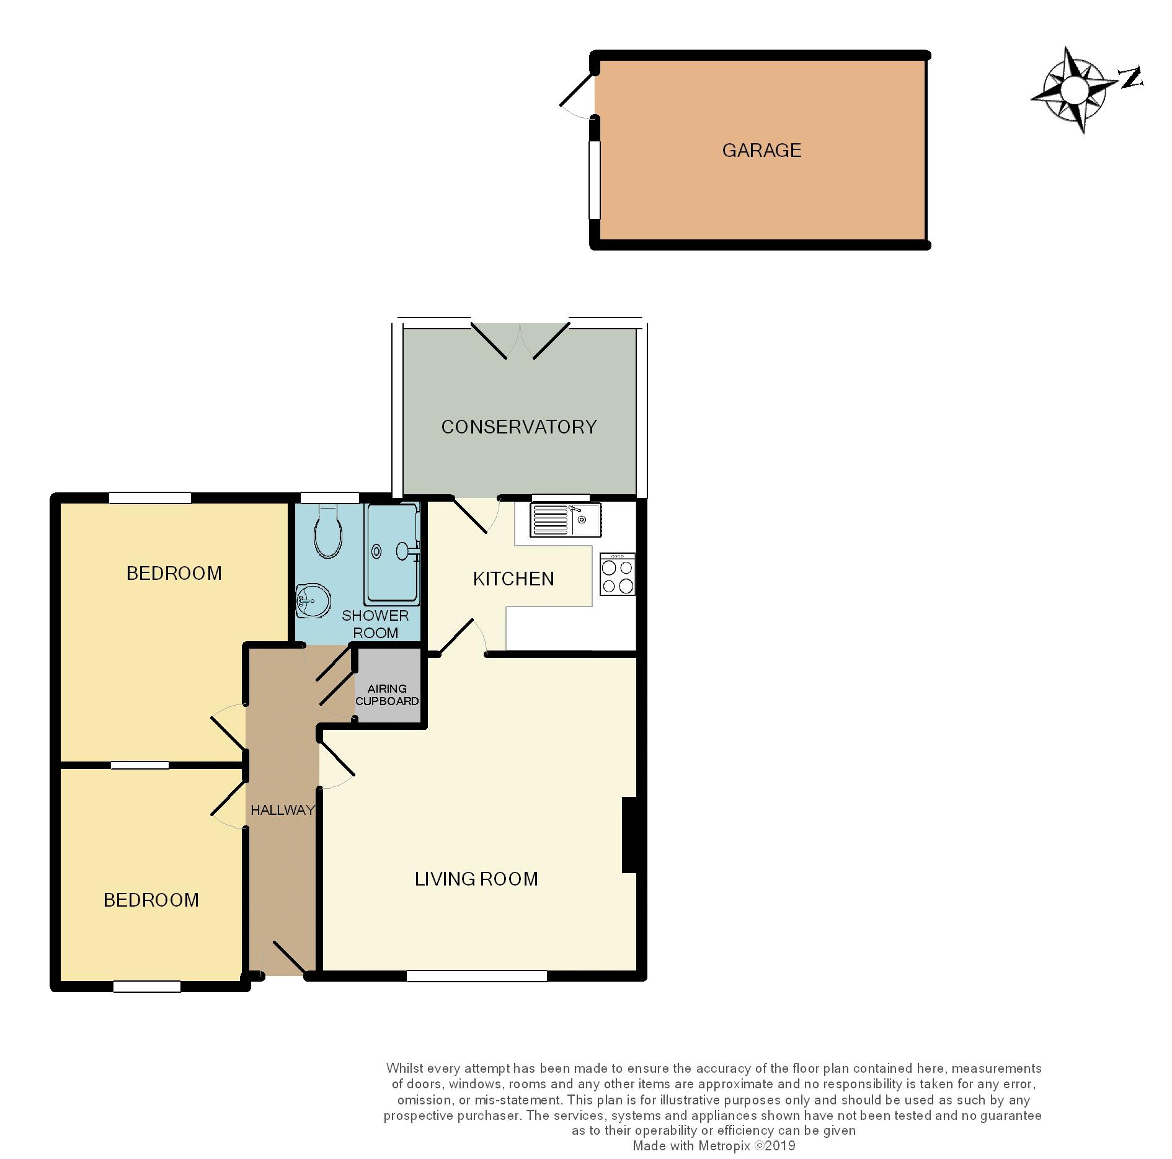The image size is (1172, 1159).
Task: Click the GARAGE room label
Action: [x=761, y=150]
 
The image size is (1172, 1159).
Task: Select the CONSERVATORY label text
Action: [x=518, y=427]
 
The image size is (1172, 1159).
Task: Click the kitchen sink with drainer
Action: [x=564, y=520]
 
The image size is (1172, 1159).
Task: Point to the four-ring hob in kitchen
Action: [x=618, y=575]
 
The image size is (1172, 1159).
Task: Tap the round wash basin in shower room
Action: [x=313, y=600]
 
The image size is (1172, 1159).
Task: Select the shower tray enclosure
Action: [x=391, y=554]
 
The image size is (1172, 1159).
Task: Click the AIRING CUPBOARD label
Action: [x=387, y=695]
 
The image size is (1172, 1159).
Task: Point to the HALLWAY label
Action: [x=282, y=810]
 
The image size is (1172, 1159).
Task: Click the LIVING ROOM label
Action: [x=476, y=879]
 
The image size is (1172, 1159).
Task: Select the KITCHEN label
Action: [x=513, y=579]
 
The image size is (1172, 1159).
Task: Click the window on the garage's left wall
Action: [x=595, y=180]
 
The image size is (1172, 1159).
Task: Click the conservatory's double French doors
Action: [x=520, y=340]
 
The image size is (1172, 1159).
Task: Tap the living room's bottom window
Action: [x=477, y=976]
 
